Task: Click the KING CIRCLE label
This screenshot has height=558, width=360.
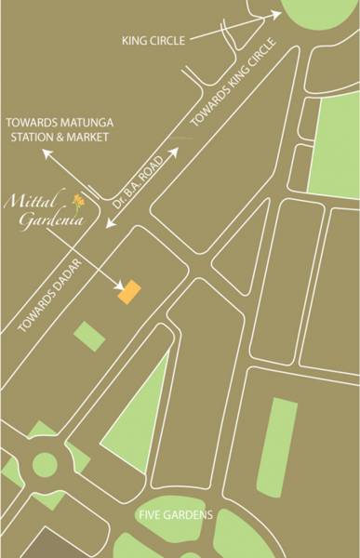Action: coord(154,41)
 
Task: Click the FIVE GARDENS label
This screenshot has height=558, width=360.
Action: coord(176,514)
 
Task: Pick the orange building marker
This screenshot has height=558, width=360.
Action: coord(127,291)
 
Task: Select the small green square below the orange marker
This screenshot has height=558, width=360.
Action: coord(90,335)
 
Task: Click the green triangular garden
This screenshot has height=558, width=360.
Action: coord(140,418)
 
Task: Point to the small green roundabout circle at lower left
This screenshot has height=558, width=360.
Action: coord(45,464)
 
